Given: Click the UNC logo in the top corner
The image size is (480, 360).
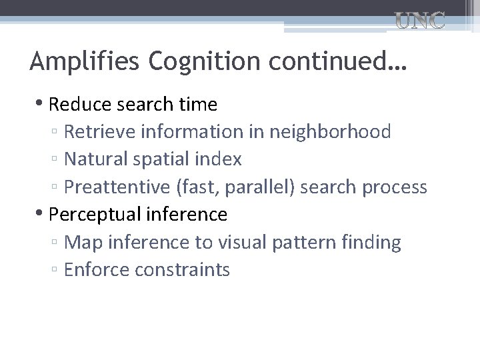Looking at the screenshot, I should coord(420,21).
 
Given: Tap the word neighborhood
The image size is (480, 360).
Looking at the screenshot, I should coord(330,132).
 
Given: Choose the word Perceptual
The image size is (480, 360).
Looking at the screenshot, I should coord(91,215).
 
